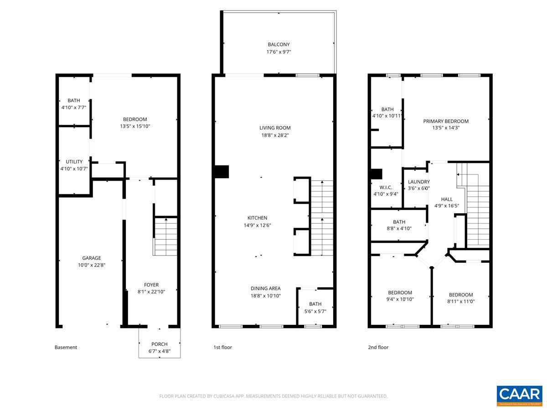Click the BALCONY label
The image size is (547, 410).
pos(279,45)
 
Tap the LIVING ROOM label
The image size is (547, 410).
pos(275,128)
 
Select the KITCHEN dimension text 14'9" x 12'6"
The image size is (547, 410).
pos(257,225)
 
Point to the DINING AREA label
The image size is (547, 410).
pos(265,288)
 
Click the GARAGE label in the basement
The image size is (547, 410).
pos(92,258)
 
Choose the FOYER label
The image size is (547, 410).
pos(151,285)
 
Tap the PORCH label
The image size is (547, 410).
pos(159,344)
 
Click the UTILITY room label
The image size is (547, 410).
pos(74,162)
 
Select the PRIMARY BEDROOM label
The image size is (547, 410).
pos(446,121)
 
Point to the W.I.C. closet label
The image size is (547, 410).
pos(386,187)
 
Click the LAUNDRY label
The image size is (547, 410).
pos(418,182)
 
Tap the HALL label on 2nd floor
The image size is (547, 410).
pos(447,199)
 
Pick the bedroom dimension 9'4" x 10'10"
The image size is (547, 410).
pos(400,300)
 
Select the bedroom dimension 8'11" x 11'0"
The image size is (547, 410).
pos(461,302)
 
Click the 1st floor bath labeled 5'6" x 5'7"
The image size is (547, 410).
pos(315,304)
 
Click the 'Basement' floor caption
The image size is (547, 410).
pos(66,347)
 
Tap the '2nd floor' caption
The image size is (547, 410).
pos(378,347)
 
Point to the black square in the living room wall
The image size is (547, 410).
pos(222,172)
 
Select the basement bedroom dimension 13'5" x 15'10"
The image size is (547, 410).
pos(134,126)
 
